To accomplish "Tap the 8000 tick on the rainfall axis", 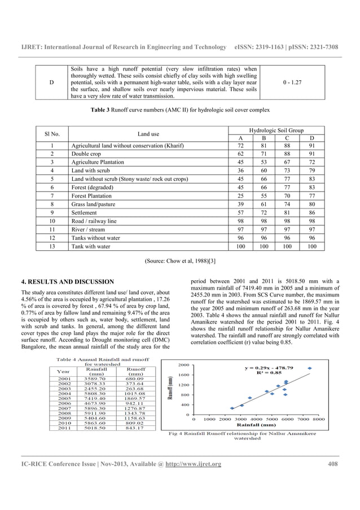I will pyautogui.click(x=319, y=420).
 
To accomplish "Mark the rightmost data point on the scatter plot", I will pyautogui.click(x=309, y=368).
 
